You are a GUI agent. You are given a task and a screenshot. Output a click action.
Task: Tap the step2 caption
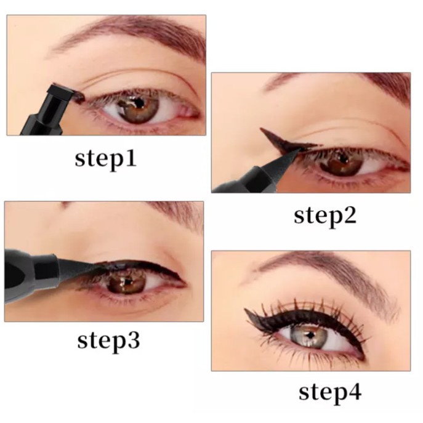325,215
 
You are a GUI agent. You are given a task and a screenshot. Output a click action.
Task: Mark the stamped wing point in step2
263,131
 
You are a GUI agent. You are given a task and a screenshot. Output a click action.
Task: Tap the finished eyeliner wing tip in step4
247,312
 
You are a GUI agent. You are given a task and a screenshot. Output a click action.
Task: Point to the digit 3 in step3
132,340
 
